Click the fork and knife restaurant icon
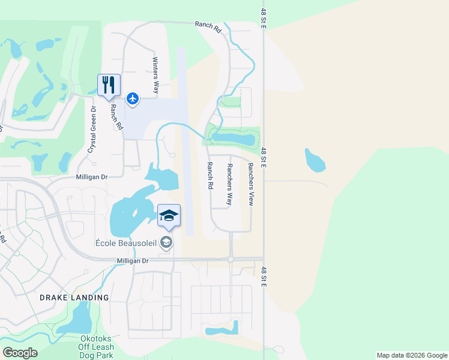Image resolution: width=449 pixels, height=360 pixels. (109, 85)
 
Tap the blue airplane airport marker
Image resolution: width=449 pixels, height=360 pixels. (133, 98)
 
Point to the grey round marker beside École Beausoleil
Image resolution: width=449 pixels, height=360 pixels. (167, 242)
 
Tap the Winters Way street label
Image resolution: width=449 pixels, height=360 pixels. (155, 75)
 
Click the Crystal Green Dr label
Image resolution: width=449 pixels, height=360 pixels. (92, 129)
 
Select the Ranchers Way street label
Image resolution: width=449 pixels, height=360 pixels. (229, 184)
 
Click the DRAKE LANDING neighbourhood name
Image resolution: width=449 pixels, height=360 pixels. (74, 298)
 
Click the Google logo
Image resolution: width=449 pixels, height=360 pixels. (20, 353)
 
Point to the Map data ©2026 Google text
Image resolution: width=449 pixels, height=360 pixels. (411, 355)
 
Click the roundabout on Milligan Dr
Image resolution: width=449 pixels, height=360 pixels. (231, 259)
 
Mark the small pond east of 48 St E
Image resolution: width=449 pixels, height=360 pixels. (314, 160)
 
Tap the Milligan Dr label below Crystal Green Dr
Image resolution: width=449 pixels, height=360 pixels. (91, 177)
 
